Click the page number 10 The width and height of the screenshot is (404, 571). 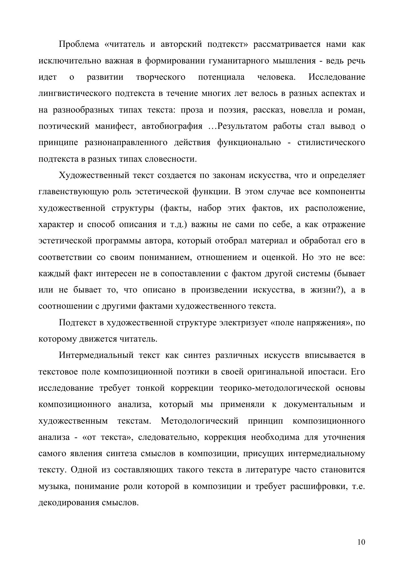[361, 542]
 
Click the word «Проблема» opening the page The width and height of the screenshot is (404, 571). [78, 44]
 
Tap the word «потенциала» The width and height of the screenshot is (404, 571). [221, 77]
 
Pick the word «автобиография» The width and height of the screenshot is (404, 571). [172, 126]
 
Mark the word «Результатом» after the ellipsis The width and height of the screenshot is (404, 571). [241, 126]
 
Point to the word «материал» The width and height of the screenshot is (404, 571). [267, 241]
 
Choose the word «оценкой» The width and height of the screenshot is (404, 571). [279, 257]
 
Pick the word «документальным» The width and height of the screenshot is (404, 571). [318, 404]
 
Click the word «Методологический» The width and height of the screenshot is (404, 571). [199, 421]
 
